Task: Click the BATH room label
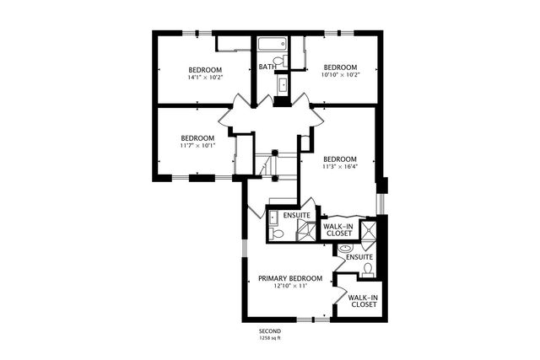click(267, 67)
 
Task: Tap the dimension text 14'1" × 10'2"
click(205, 78)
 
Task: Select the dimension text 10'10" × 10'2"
click(340, 75)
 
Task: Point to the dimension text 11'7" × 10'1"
click(197, 146)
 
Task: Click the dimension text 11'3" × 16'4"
click(340, 167)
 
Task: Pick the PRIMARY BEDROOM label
click(290, 278)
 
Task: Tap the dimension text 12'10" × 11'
click(290, 287)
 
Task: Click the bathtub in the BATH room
click(272, 44)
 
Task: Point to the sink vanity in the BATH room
click(281, 84)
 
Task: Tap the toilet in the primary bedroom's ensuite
click(368, 269)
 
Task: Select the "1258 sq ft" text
click(270, 339)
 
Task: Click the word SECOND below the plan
click(270, 332)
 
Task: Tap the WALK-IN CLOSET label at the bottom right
click(363, 301)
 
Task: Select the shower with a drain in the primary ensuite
click(369, 232)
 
